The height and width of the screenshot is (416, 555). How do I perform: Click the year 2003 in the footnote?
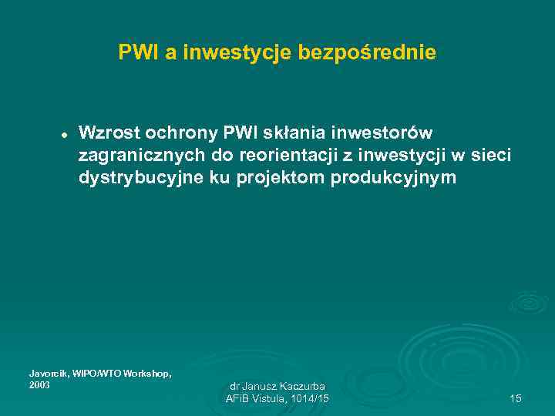coord(39,384)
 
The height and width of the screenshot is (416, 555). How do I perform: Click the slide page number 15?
coord(516,398)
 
